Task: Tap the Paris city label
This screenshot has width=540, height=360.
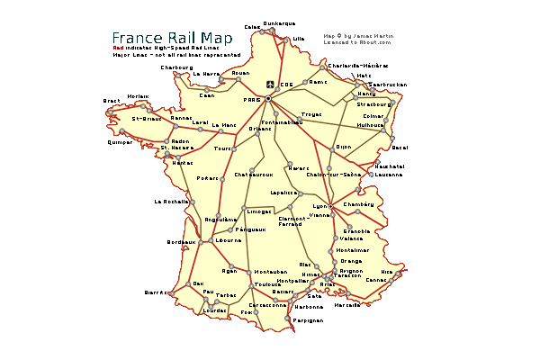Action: click(252, 100)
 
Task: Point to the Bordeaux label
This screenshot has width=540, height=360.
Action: click(181, 242)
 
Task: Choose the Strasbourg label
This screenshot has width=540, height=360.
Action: click(374, 104)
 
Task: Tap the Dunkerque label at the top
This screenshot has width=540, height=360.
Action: click(279, 23)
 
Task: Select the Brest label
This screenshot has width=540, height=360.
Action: click(112, 101)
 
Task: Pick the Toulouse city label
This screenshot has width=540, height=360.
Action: click(267, 284)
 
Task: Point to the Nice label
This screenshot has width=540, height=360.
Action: click(387, 271)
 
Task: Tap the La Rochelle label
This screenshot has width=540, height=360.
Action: click(171, 202)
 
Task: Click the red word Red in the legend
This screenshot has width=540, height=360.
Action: click(118, 47)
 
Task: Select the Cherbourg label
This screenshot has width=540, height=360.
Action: click(176, 67)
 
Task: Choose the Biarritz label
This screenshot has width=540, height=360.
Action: click(156, 292)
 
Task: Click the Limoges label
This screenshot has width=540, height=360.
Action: click(259, 211)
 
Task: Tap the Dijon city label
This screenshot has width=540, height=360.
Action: click(343, 146)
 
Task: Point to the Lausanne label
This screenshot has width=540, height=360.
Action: click(389, 175)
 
